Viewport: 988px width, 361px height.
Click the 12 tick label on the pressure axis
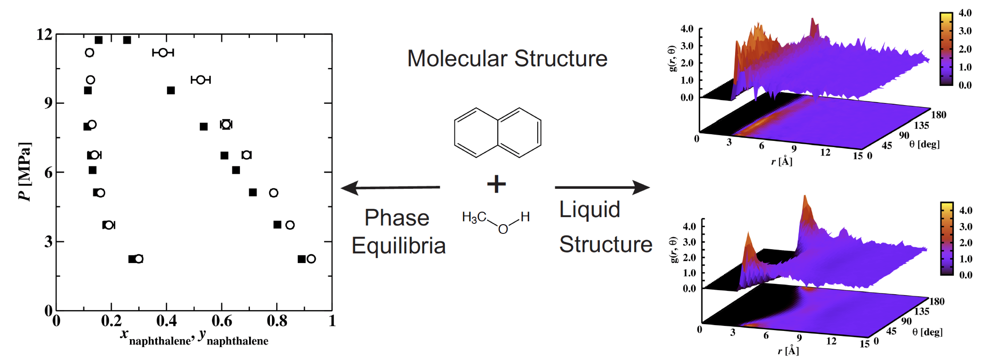[x=44, y=35]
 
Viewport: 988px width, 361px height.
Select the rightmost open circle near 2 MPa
[x=311, y=259]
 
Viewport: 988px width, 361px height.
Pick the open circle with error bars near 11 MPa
[x=163, y=53]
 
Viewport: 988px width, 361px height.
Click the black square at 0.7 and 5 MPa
[x=253, y=192]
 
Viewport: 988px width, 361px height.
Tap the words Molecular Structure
[x=507, y=59]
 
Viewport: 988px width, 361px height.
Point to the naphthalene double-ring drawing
[x=497, y=132]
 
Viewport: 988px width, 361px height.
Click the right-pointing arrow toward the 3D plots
[x=602, y=188]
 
